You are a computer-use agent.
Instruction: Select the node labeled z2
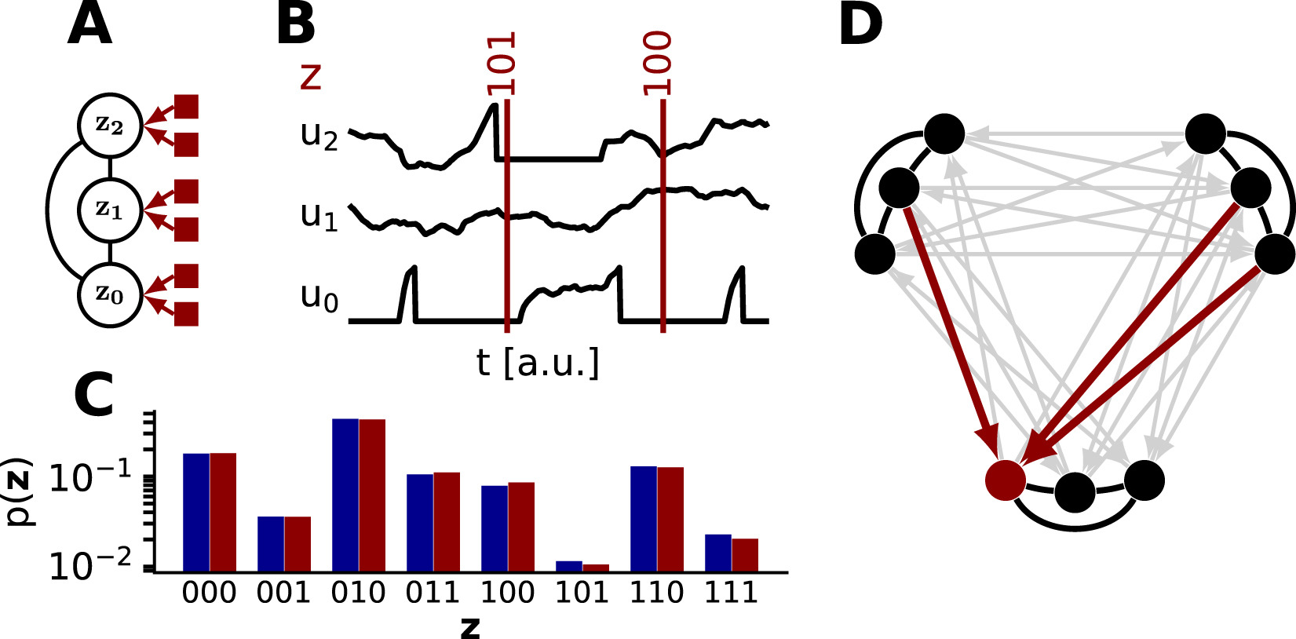click(x=110, y=126)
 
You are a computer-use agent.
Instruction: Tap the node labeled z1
click(x=110, y=210)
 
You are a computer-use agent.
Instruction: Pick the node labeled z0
click(x=110, y=295)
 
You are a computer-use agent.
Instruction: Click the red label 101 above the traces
click(x=501, y=64)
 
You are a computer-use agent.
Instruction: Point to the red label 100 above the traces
click(x=657, y=64)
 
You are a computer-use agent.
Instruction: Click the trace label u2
click(x=319, y=134)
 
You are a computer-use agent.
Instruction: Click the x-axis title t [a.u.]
click(x=538, y=363)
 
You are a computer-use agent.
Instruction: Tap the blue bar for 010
click(x=345, y=495)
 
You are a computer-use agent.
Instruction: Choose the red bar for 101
click(x=596, y=568)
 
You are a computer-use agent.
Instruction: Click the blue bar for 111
click(x=718, y=553)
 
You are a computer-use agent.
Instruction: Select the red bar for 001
click(x=298, y=543)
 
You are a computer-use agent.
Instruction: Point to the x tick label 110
click(x=656, y=593)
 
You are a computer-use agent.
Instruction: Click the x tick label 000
click(x=209, y=593)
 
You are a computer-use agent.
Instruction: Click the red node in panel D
click(x=1006, y=480)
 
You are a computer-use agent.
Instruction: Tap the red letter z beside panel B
click(x=311, y=77)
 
